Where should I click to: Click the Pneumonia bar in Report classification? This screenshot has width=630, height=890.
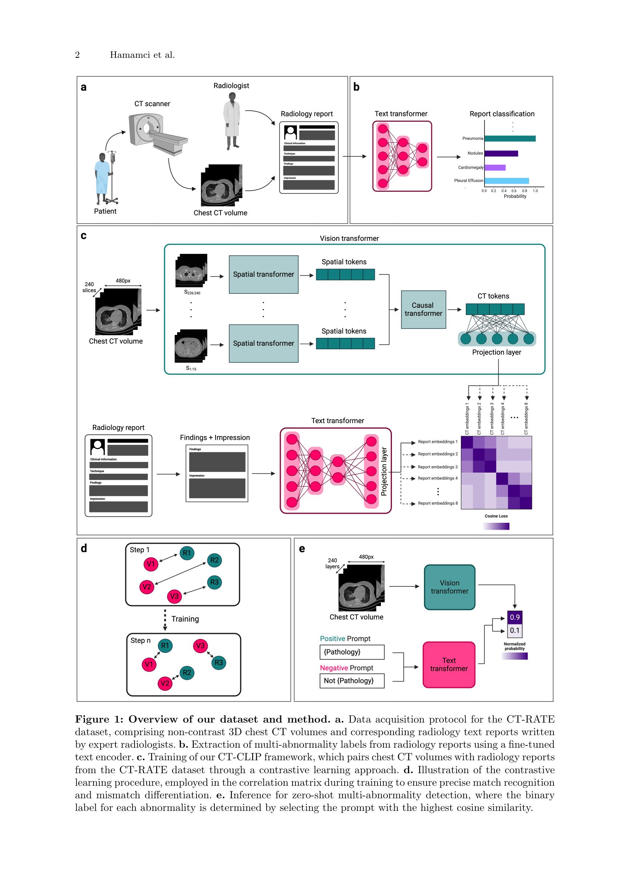(x=510, y=139)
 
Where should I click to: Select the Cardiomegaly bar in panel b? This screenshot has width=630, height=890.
(x=495, y=167)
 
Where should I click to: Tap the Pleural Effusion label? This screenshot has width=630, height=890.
(x=468, y=181)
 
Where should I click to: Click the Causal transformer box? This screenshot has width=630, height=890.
(x=423, y=309)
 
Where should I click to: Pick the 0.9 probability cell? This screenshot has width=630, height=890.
(x=514, y=617)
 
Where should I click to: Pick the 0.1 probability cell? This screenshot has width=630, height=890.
(x=514, y=630)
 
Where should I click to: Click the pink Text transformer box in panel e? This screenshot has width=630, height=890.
(x=449, y=664)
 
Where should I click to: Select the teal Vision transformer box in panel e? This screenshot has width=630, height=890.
(x=449, y=587)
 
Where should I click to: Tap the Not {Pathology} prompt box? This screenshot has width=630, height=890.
(x=352, y=681)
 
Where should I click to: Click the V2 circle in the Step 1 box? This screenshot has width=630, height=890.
(x=147, y=586)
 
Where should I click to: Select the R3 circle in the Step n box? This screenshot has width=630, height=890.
(x=219, y=662)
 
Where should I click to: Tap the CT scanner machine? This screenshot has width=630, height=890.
(x=155, y=132)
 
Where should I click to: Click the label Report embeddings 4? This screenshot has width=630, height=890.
(x=438, y=478)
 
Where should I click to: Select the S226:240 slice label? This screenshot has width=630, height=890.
(x=192, y=293)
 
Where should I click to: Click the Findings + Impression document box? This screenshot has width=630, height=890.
(x=217, y=473)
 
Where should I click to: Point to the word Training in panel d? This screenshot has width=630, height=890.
(x=185, y=619)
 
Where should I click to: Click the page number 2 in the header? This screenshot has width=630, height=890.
(x=77, y=55)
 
